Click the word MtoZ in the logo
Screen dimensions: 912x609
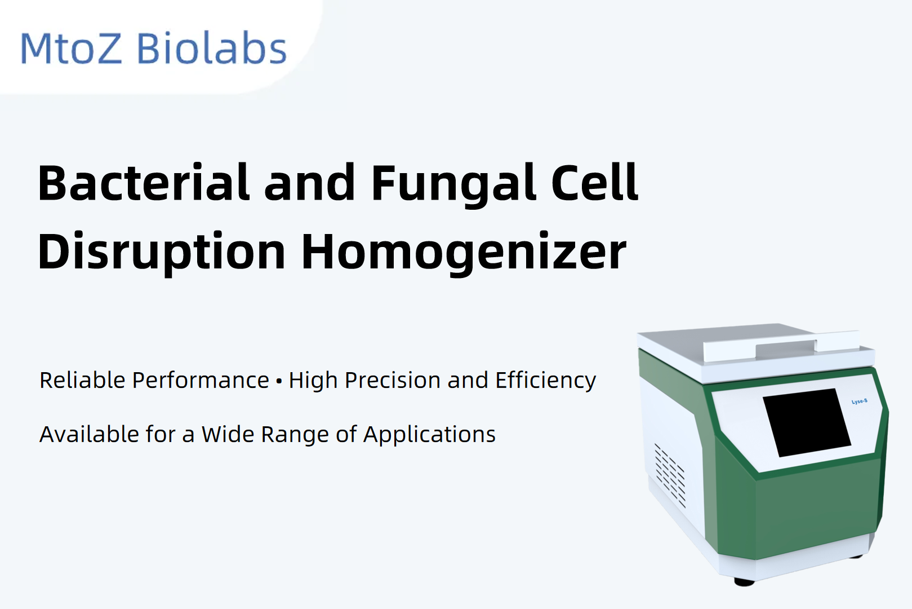(x=72, y=48)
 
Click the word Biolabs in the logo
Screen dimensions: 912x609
(x=212, y=47)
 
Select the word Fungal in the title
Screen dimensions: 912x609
(x=453, y=186)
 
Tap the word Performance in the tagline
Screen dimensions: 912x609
(x=201, y=380)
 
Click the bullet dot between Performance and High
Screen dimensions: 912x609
(x=279, y=382)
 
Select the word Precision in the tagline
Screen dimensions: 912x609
(x=393, y=380)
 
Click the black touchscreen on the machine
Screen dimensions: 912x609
(x=807, y=423)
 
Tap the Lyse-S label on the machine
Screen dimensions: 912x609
(x=860, y=401)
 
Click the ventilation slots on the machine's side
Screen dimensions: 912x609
(x=670, y=475)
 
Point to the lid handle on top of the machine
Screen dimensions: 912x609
(x=782, y=347)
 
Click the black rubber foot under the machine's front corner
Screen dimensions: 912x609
(x=744, y=582)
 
